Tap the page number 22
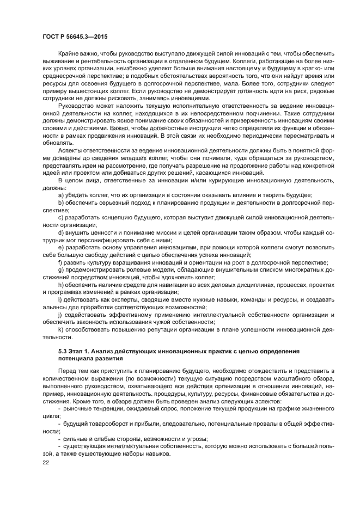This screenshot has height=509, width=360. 45,462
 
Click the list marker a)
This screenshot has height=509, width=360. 61,194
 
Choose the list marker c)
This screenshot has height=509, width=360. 61,216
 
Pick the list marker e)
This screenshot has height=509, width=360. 61,245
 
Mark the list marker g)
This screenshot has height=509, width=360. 61,269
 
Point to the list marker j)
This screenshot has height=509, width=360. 60,315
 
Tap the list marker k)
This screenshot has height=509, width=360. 61,329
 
